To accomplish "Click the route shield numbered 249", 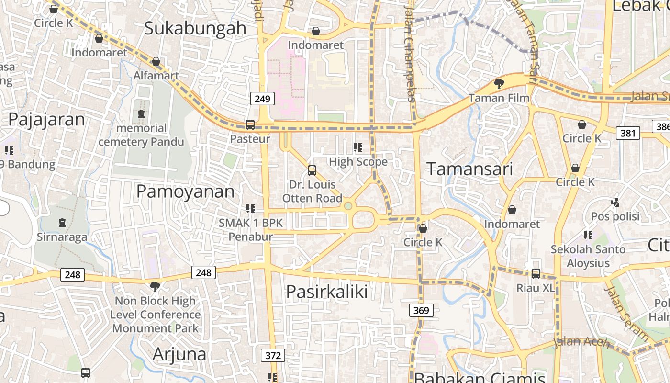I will tap(262, 99).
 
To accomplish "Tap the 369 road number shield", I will tap(421, 310).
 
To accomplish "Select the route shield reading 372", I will tap(273, 355).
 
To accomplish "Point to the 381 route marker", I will tap(627, 133).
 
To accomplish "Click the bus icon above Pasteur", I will tap(250, 125).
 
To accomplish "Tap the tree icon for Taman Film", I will tap(499, 84).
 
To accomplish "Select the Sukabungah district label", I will tap(195, 28).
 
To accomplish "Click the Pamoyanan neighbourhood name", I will tap(185, 191).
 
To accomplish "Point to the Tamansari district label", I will tap(469, 169).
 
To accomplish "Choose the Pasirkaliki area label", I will tap(327, 292).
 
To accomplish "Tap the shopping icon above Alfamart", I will tap(156, 62).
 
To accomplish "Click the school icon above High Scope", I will tap(358, 147).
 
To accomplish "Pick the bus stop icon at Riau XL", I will tap(536, 274).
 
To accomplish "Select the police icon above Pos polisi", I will tap(615, 203).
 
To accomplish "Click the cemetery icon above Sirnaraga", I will tap(62, 223).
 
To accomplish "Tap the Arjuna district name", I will tap(179, 354).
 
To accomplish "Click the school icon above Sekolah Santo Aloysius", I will tap(588, 235).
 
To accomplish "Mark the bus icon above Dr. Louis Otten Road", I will tap(312, 170).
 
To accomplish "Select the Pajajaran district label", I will tap(46, 119).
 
